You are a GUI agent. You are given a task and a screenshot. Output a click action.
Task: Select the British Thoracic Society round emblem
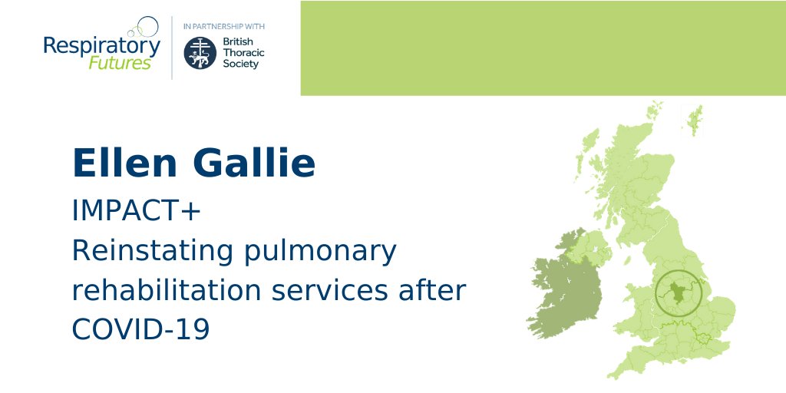point(200,52)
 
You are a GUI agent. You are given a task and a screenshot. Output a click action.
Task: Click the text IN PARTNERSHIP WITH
point(224,25)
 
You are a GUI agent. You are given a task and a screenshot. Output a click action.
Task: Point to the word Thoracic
point(241,52)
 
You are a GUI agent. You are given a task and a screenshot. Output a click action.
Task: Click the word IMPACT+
point(136,211)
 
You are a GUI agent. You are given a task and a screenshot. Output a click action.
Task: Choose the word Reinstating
point(147,251)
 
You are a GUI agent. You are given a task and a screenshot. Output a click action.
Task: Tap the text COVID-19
point(140,330)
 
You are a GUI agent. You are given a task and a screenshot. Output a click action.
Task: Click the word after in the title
point(436,291)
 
